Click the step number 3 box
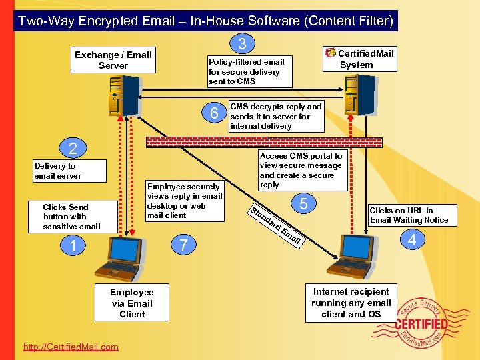[x=243, y=44]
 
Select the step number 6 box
[x=214, y=114]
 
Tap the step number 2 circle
[x=74, y=149]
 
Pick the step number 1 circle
[x=73, y=246]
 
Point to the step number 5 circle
[x=303, y=203]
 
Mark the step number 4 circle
[x=412, y=239]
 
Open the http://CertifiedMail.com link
[x=71, y=347]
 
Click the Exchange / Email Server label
[x=113, y=60]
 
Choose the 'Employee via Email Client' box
[x=132, y=303]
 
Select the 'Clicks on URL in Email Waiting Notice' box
[x=409, y=215]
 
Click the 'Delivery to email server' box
[x=70, y=171]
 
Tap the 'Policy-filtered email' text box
[x=249, y=71]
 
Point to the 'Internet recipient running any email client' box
[x=351, y=303]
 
